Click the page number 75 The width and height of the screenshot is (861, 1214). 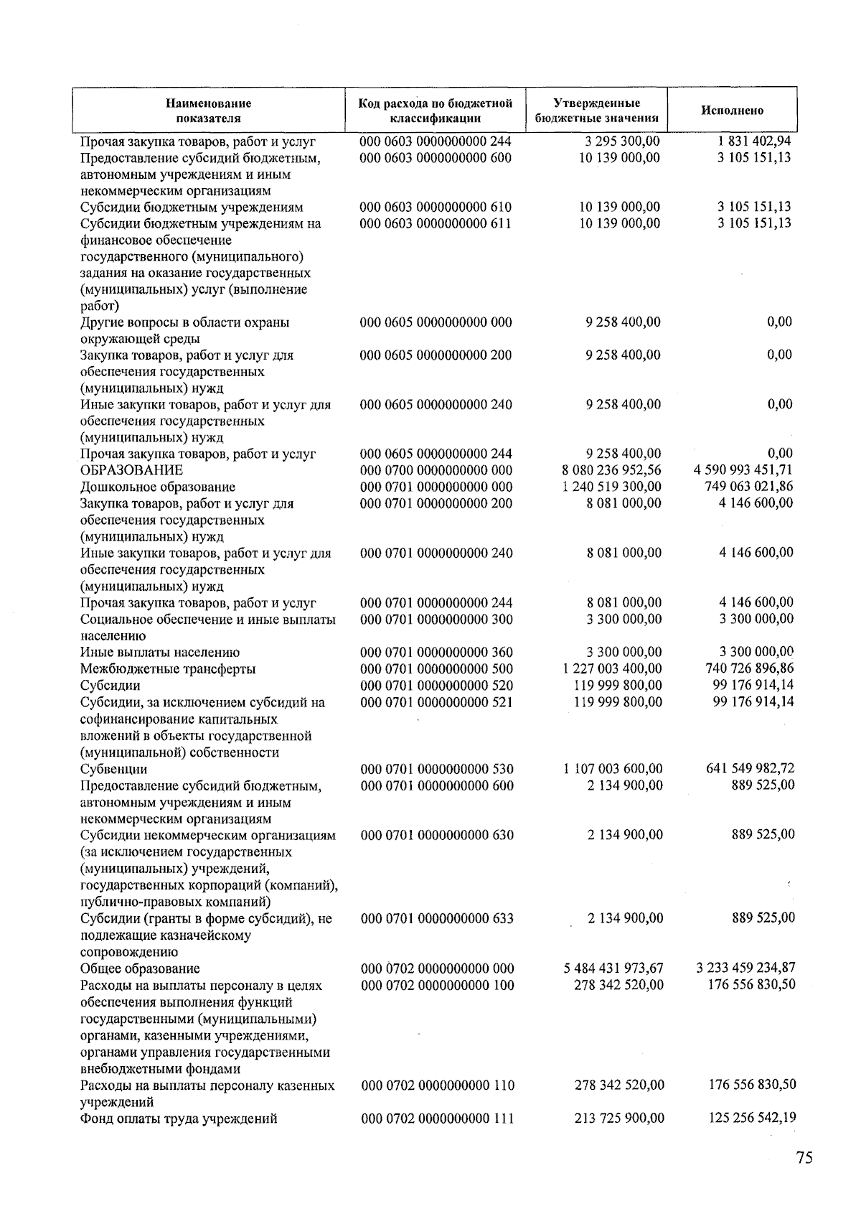804,1158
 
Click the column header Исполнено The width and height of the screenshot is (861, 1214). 732,111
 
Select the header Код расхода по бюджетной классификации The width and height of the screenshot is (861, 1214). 436,111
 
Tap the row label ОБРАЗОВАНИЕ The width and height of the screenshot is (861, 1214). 131,470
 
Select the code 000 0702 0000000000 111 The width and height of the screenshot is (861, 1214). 436,1118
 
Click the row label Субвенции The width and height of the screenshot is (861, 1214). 113,769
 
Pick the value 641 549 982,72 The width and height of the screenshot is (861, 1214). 751,769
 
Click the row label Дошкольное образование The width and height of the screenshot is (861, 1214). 157,487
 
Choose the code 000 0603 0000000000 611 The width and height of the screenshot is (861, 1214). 436,223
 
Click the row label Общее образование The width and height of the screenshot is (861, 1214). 140,968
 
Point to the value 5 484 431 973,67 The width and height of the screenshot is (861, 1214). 613,968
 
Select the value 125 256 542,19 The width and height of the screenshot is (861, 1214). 751,1118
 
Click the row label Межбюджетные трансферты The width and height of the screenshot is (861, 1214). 168,669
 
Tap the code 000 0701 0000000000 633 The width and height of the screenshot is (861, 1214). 436,918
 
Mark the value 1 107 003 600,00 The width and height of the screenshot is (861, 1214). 613,769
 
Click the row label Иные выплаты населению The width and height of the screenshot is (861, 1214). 159,653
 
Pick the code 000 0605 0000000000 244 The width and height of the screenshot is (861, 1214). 436,454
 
